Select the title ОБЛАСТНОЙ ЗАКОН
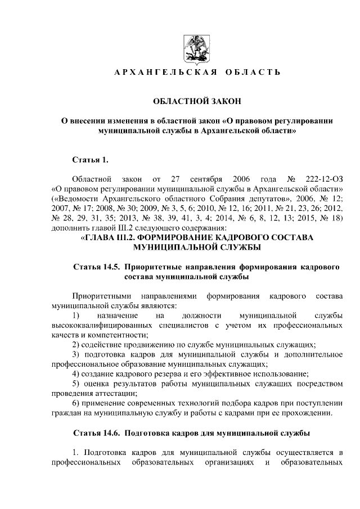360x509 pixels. tap(197, 101)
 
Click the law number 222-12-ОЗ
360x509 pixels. tap(322, 179)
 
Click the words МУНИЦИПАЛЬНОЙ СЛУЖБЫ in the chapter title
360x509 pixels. tap(196, 248)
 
